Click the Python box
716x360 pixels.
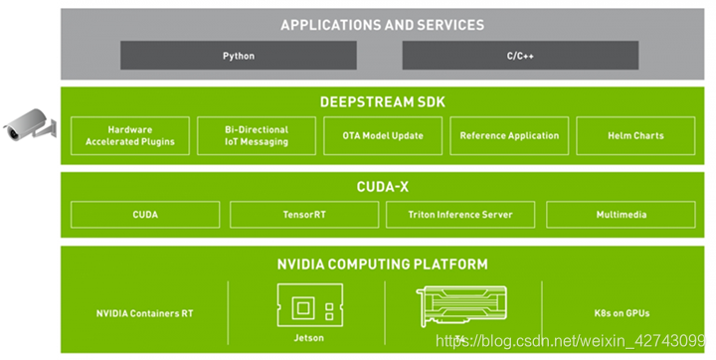tap(239, 56)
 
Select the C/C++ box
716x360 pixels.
tap(520, 56)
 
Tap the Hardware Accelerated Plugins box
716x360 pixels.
tap(130, 135)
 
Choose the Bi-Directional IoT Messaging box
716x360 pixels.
tap(257, 135)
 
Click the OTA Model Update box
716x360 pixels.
tap(383, 135)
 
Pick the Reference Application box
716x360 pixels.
tap(509, 135)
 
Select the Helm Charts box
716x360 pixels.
tap(635, 135)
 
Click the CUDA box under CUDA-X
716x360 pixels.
tap(145, 214)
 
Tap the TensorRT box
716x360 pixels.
tap(304, 214)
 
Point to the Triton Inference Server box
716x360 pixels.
tap(460, 214)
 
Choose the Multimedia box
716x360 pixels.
tap(621, 214)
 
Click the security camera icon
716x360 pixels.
tap(29, 124)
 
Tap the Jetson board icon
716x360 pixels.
tap(310, 305)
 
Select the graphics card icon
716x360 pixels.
tap(461, 306)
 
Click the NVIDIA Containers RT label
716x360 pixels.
tap(144, 313)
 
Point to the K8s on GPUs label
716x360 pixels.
tap(622, 313)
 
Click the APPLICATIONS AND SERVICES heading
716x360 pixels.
tap(383, 25)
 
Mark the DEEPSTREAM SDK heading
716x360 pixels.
tap(383, 101)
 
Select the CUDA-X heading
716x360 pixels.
tap(383, 186)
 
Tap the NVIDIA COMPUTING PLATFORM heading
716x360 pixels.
tap(383, 265)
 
